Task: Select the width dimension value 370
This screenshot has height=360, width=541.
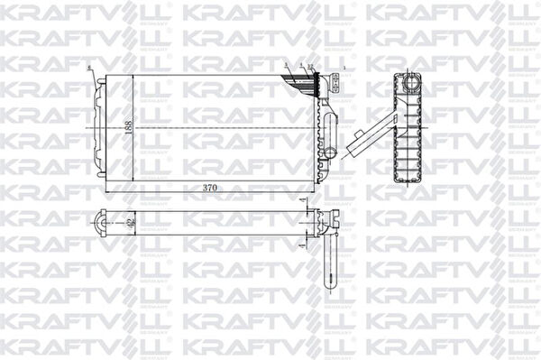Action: click(x=210, y=188)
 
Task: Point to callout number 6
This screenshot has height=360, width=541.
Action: click(x=88, y=68)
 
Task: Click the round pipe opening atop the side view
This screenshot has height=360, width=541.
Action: click(x=411, y=83)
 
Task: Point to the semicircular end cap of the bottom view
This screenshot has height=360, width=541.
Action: click(x=102, y=220)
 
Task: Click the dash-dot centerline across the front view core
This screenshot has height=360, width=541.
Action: click(x=207, y=127)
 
